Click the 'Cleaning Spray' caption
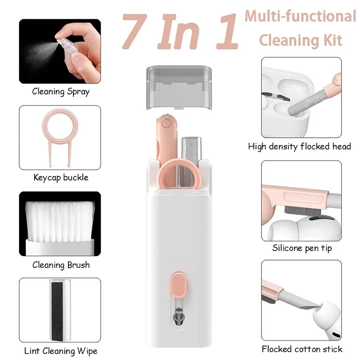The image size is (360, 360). coord(61,92)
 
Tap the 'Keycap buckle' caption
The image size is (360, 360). coord(61,177)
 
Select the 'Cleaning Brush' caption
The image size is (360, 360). coord(61,265)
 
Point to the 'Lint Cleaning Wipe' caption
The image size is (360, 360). coord(61,351)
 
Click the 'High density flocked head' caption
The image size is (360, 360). coord(300,146)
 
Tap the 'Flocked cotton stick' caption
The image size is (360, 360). coord(302,349)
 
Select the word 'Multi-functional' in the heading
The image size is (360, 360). coord(300,17)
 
